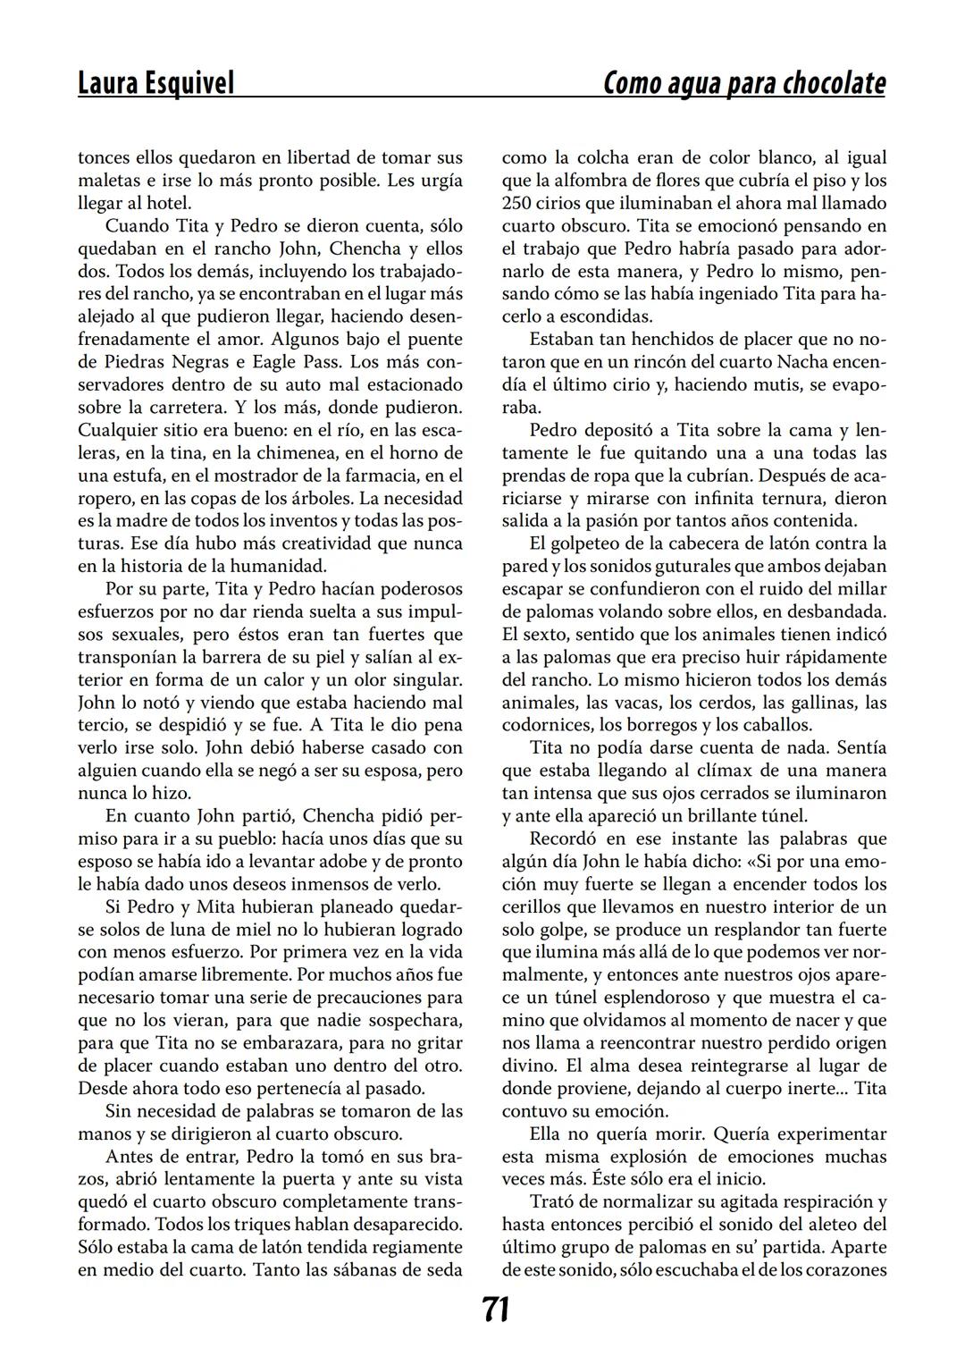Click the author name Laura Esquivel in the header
(155, 83)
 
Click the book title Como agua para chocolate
(744, 83)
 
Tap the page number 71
(496, 1310)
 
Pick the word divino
(528, 1066)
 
